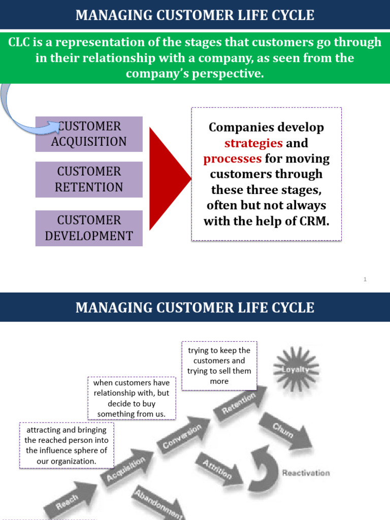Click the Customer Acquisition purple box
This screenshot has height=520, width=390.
[x=89, y=134]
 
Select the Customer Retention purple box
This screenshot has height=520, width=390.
[x=89, y=179]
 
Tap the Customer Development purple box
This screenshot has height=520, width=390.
[x=89, y=228]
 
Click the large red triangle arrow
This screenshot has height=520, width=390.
[x=170, y=178]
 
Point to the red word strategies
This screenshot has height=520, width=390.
[x=253, y=143]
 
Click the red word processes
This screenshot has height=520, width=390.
[x=233, y=159]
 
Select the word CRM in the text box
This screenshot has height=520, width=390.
[x=314, y=221]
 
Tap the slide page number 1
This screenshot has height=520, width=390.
[x=365, y=279]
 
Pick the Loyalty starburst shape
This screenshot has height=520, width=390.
[x=296, y=369]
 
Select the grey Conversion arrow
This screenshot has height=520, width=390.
[x=184, y=435]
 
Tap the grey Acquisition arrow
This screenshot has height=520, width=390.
[x=127, y=467]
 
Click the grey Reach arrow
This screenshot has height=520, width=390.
[x=70, y=500]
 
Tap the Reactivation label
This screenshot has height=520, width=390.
[x=306, y=473]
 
